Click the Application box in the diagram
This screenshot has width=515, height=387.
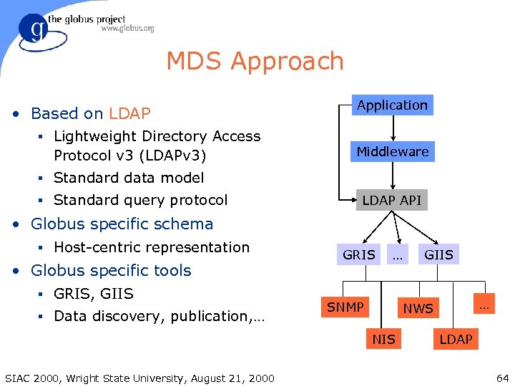[x=392, y=105]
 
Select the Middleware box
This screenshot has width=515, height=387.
[x=393, y=152]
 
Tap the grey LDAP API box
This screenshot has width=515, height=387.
[x=391, y=200]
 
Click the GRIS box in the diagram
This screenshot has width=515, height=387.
[x=359, y=254]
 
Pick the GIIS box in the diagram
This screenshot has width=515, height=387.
[x=438, y=254]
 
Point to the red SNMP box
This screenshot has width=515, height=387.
[x=345, y=307]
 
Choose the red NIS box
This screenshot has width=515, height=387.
[x=383, y=339]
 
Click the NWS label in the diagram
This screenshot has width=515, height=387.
[x=418, y=309]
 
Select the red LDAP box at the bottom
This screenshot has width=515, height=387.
[x=456, y=339]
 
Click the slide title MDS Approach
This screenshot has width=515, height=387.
[x=255, y=62]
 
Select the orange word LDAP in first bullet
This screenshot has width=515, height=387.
[x=129, y=113]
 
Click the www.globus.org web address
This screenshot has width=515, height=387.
[x=127, y=29]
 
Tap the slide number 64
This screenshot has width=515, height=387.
[x=501, y=378]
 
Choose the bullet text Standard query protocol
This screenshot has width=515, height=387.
[x=140, y=200]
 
